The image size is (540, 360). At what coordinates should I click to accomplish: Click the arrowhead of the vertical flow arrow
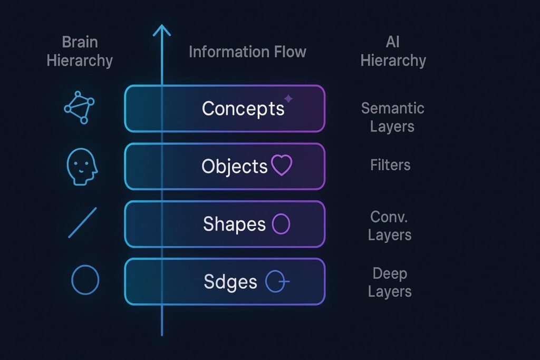point(162,31)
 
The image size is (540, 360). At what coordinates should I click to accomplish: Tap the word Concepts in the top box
point(243,109)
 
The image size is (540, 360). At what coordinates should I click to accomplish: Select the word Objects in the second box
point(235,167)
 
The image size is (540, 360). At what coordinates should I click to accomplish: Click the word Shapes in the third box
point(235,224)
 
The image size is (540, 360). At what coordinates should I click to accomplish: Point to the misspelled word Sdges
point(230,281)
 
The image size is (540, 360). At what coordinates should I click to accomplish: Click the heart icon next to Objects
point(281,166)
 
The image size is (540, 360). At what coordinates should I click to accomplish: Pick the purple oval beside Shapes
point(281,224)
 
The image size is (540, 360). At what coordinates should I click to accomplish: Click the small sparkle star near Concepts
point(288,99)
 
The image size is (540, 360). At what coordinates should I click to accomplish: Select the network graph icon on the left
point(79,108)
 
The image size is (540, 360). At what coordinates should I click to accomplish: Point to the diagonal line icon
point(83,222)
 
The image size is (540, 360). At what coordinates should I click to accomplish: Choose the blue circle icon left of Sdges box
point(85,279)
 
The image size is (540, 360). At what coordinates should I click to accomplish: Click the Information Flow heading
point(247,52)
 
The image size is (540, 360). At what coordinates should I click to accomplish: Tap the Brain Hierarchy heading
point(80,51)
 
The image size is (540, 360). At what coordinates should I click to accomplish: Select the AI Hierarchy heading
point(393,51)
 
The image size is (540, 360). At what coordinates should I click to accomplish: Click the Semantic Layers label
point(392,117)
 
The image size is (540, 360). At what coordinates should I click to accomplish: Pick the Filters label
point(390,165)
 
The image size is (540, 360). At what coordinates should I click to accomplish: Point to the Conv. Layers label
point(390,226)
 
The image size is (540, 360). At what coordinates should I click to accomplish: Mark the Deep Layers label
point(390,283)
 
